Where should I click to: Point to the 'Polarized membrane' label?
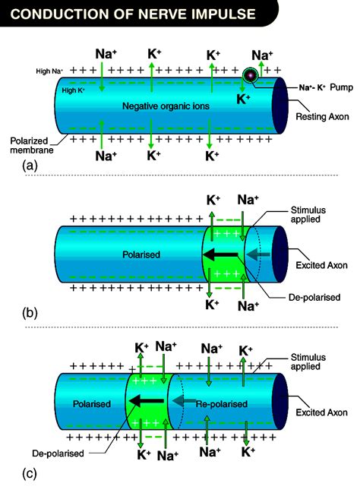[33, 145]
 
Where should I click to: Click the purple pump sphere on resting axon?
[249, 76]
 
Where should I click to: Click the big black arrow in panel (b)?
[223, 254]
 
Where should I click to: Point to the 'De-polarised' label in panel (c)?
[58, 453]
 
